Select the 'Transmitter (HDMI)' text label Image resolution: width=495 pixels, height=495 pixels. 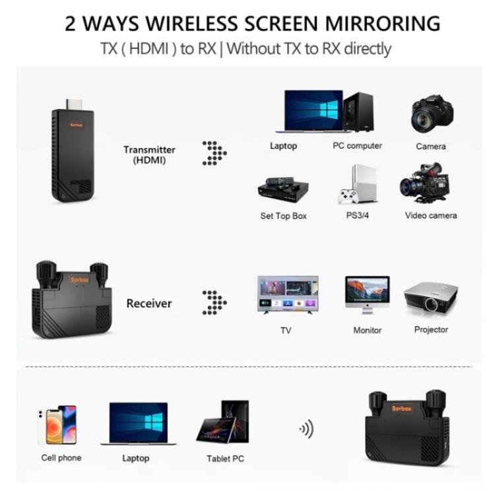click(149, 155)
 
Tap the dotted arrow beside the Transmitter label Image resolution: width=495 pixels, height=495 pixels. click(214, 153)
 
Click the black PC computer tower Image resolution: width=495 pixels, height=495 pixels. click(358, 112)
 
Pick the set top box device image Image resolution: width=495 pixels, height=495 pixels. click(283, 189)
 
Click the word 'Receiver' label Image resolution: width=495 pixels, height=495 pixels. click(148, 304)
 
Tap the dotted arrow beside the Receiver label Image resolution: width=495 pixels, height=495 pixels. click(214, 302)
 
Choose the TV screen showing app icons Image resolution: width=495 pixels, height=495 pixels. click(287, 296)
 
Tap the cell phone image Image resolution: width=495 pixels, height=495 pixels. click(57, 424)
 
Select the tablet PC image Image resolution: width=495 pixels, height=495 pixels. click(222, 423)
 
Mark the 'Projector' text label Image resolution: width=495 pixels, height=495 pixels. click(431, 330)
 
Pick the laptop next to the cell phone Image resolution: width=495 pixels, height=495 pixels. click(137, 424)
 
